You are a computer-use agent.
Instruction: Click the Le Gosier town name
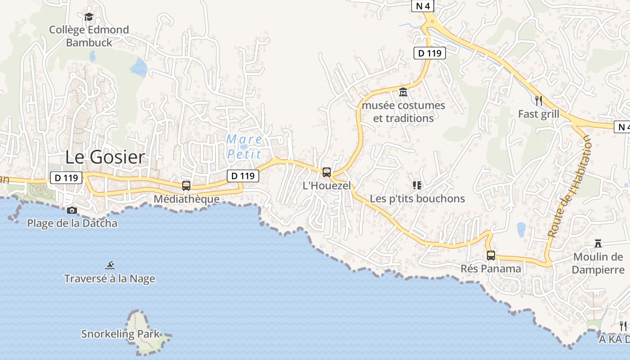coord(105,157)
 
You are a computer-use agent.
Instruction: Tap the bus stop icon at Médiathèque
coord(186,185)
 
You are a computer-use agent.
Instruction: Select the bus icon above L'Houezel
coord(327,172)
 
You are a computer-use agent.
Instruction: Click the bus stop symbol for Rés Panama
coord(491,256)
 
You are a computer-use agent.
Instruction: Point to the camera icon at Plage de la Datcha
coord(72,210)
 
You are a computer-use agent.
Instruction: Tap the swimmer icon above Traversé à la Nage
coord(110,265)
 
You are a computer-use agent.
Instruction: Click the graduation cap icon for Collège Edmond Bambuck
coord(89,17)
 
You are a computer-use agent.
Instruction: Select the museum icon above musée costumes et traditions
coord(403,92)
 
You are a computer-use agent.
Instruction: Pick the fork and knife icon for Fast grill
coord(539,100)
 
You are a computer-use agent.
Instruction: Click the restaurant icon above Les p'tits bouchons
coord(417,185)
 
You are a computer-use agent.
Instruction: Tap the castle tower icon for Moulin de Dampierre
coord(598,243)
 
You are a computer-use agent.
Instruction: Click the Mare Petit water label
coord(244,147)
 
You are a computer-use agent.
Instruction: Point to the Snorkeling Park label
coord(120,334)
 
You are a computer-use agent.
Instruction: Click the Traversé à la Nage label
coord(110,279)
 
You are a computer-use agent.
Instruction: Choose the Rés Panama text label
coord(491,269)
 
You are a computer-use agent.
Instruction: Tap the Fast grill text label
coord(539,114)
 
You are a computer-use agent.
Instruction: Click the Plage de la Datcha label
coord(72,223)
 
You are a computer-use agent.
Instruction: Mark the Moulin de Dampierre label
coord(598,263)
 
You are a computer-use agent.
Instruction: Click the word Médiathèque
coord(186,199)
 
